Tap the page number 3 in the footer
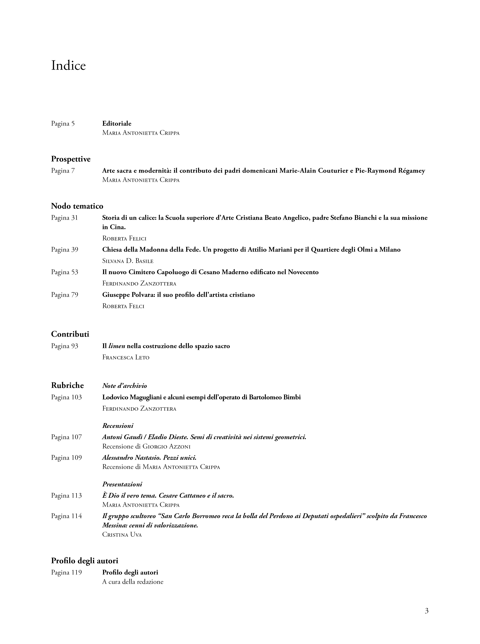(x=426, y=611)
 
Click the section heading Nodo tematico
(x=77, y=206)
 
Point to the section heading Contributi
(x=70, y=334)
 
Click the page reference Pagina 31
(x=64, y=218)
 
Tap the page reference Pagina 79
(x=64, y=295)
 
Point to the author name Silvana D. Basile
(x=128, y=261)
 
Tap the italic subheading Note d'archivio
(x=124, y=386)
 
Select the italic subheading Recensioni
(x=118, y=426)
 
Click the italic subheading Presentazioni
(x=122, y=484)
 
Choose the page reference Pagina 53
(x=64, y=272)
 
